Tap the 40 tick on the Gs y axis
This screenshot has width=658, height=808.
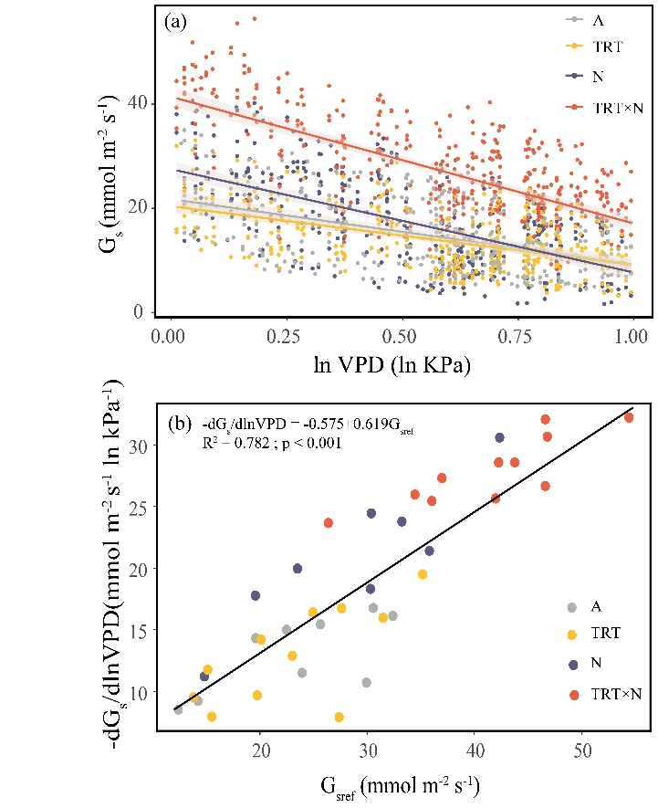click(x=142, y=102)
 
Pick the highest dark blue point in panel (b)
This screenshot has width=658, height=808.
click(x=500, y=437)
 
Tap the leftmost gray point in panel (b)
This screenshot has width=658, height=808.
click(x=178, y=709)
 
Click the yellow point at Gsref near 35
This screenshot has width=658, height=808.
click(x=423, y=574)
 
